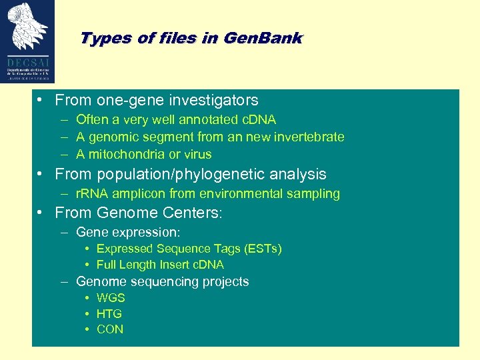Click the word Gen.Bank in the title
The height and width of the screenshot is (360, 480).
(x=263, y=38)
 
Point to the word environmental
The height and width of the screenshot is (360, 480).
(x=247, y=194)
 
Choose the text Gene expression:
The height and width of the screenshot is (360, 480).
(x=129, y=233)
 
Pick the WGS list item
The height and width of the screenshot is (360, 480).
(x=111, y=298)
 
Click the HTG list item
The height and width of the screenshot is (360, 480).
(x=109, y=313)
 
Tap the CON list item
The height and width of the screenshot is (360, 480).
(x=110, y=329)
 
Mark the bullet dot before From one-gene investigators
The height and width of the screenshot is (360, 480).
(x=41, y=101)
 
